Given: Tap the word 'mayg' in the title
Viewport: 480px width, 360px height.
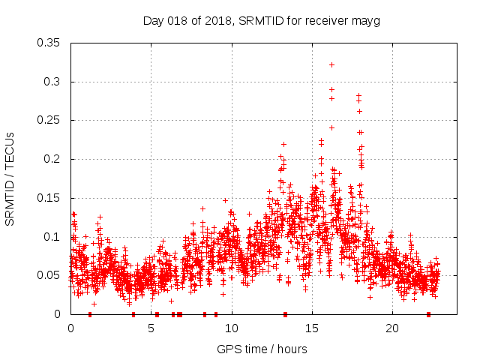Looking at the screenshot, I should pos(367,21).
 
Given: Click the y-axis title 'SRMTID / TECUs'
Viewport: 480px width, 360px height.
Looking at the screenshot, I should pos(10,178).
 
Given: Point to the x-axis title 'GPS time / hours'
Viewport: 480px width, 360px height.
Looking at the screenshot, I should pos(261,349).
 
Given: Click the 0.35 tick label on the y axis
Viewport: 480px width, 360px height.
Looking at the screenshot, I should pos(49,43).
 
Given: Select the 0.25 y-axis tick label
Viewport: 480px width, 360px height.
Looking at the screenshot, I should pos(49,120).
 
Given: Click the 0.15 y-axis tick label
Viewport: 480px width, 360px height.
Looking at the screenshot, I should pos(49,198).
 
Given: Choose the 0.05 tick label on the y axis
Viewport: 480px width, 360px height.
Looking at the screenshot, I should pos(49,275).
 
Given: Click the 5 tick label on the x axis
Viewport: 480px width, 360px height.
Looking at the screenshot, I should pos(151,328).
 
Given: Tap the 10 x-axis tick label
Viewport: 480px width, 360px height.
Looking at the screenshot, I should pos(232,328).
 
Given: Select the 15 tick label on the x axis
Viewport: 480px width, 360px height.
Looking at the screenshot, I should pos(312,328).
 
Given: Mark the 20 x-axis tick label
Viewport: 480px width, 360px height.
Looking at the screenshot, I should pos(392,328).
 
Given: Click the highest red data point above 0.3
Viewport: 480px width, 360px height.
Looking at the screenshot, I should pos(331,64).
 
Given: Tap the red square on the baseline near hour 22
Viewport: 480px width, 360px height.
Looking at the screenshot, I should pos(428,314).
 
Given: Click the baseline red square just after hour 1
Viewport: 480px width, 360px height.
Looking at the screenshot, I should pos(90,314).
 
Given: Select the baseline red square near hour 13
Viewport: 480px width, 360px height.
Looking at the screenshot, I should pos(285,314).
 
